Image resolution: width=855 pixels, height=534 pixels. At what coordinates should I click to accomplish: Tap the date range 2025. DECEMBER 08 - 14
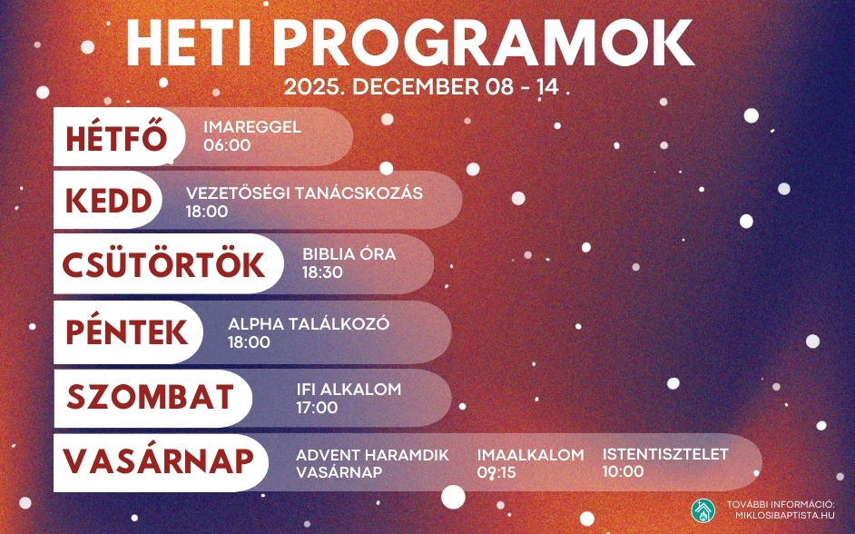coord(427,88)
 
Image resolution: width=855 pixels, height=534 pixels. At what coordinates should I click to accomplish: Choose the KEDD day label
coord(107,201)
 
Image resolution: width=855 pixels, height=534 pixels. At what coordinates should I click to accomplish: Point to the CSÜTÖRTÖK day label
coord(163,264)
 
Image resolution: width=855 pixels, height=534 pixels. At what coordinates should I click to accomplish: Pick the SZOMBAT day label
coord(151,398)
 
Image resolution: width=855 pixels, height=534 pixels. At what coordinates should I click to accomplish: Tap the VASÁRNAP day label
coord(158,462)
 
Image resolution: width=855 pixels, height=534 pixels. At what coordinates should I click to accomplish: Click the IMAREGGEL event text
coord(251,127)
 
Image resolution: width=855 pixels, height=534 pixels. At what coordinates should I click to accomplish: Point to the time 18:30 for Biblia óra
coord(323,272)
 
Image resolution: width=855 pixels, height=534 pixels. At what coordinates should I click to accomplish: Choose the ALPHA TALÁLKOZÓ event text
coord(309,323)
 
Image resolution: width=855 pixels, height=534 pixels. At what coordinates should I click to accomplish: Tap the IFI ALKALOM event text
coord(349,390)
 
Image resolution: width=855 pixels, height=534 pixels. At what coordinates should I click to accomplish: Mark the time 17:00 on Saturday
coord(317,409)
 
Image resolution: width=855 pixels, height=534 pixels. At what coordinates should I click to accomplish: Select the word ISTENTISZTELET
coord(665,454)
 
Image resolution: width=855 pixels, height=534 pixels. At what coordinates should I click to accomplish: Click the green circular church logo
coord(703,509)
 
